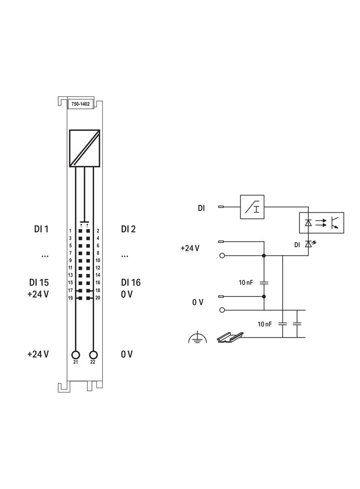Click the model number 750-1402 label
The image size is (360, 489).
coord(80,105)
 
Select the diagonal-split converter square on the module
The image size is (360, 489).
coord(84,148)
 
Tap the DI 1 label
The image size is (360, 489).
coord(41,229)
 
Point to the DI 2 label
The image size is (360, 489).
coord(128,229)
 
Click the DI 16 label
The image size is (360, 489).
coord(131,283)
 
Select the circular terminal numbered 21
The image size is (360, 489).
coord(76,355)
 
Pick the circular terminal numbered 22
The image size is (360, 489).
coord(93,355)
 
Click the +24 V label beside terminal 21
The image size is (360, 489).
coord(38,354)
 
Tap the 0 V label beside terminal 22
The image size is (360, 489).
coord(127,354)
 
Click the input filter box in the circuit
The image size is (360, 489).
coord(252,207)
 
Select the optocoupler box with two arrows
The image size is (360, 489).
coord(322,223)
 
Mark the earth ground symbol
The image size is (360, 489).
coord(197,338)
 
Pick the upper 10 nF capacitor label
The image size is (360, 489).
coord(246,283)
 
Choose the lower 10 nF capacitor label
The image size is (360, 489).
coord(264,324)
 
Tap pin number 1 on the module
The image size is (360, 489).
coord(70,231)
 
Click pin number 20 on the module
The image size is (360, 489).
coord(98,298)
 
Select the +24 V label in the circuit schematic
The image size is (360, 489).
coord(190,248)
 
